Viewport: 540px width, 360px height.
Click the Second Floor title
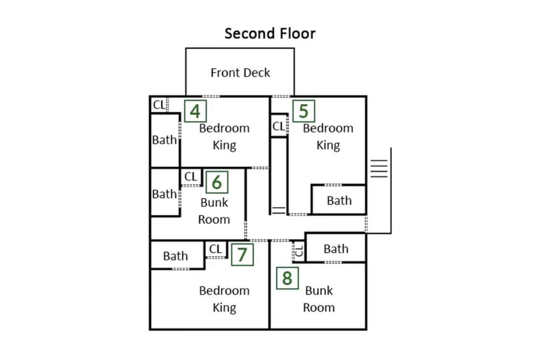(x=270, y=33)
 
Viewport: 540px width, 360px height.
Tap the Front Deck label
(x=240, y=73)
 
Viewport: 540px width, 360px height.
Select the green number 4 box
(x=195, y=111)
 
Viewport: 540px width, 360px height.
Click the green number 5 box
(x=303, y=111)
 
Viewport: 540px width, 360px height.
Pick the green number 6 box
(x=217, y=182)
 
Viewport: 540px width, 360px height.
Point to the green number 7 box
(x=242, y=255)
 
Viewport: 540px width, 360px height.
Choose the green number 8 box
(x=287, y=278)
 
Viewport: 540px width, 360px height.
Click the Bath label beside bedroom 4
(x=164, y=140)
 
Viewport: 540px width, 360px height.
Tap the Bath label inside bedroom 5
(x=339, y=200)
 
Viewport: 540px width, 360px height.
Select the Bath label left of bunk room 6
(x=164, y=194)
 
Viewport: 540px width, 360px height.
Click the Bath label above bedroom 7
(x=175, y=256)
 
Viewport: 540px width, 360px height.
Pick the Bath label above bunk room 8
(x=336, y=248)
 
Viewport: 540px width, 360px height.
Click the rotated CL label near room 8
(x=299, y=251)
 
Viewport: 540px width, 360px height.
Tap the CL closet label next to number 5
(x=279, y=126)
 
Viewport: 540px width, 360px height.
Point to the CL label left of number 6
(x=191, y=176)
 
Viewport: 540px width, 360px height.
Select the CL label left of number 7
(x=215, y=248)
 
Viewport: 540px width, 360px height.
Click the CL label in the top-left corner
(x=159, y=104)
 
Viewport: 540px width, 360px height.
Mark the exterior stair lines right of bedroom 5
(x=379, y=168)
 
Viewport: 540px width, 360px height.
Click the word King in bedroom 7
(x=224, y=308)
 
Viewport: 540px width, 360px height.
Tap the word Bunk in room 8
(x=319, y=290)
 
